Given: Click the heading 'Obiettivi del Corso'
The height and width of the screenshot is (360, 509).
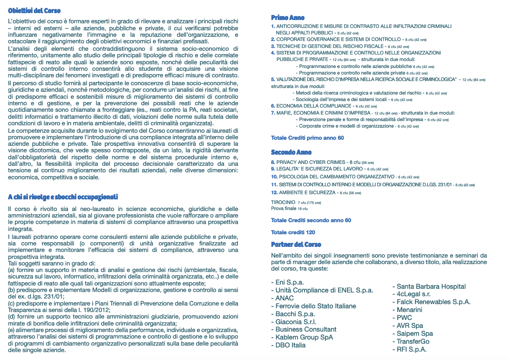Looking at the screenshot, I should (34, 11).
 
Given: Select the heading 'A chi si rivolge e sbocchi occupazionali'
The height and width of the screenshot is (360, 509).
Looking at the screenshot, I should (63, 197).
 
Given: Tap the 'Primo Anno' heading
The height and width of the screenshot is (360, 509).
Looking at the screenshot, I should (288, 18).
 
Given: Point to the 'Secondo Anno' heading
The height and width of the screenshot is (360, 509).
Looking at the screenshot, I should (291, 152).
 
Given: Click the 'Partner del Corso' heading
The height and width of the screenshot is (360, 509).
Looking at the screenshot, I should (296, 245).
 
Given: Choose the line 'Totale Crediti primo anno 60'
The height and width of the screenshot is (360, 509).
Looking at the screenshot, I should (307, 138).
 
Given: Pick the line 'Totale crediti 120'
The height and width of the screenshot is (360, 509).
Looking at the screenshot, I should (293, 232).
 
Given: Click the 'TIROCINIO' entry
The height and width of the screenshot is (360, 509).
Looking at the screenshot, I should (283, 202).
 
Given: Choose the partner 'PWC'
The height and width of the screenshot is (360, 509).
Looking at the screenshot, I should (404, 318).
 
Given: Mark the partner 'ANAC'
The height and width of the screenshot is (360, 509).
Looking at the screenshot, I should (284, 298).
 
